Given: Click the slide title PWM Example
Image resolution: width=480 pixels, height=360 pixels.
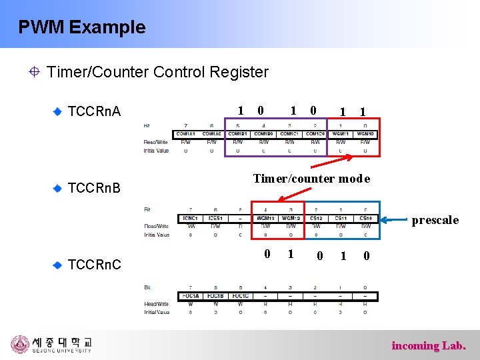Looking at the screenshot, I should pyautogui.click(x=81, y=27).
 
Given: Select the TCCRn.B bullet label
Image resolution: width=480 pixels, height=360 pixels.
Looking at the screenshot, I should pyautogui.click(x=95, y=188).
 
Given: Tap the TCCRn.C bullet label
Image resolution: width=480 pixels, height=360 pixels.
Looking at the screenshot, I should pyautogui.click(x=95, y=265).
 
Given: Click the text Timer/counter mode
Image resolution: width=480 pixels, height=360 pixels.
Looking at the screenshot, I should pyautogui.click(x=311, y=179).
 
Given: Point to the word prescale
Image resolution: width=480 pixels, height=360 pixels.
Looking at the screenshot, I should pyautogui.click(x=435, y=220).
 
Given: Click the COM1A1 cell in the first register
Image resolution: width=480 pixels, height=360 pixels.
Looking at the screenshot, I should pyautogui.click(x=186, y=134).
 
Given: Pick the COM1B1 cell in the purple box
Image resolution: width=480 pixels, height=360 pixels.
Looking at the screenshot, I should pyautogui.click(x=237, y=134).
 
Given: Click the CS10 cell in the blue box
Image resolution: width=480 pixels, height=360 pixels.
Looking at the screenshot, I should pyautogui.click(x=365, y=218).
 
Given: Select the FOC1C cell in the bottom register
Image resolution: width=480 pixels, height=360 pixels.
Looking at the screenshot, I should pyautogui.click(x=239, y=296).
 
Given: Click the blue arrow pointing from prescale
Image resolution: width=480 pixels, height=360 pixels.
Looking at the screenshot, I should pyautogui.click(x=393, y=219).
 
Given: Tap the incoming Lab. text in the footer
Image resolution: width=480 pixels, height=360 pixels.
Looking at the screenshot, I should pyautogui.click(x=429, y=345).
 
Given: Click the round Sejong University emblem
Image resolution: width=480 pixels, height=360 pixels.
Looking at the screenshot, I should pyautogui.click(x=21, y=345).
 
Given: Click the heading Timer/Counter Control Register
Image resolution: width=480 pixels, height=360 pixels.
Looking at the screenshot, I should pyautogui.click(x=157, y=72).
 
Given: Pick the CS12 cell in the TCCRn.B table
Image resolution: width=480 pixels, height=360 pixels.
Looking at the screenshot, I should pyautogui.click(x=315, y=218).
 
